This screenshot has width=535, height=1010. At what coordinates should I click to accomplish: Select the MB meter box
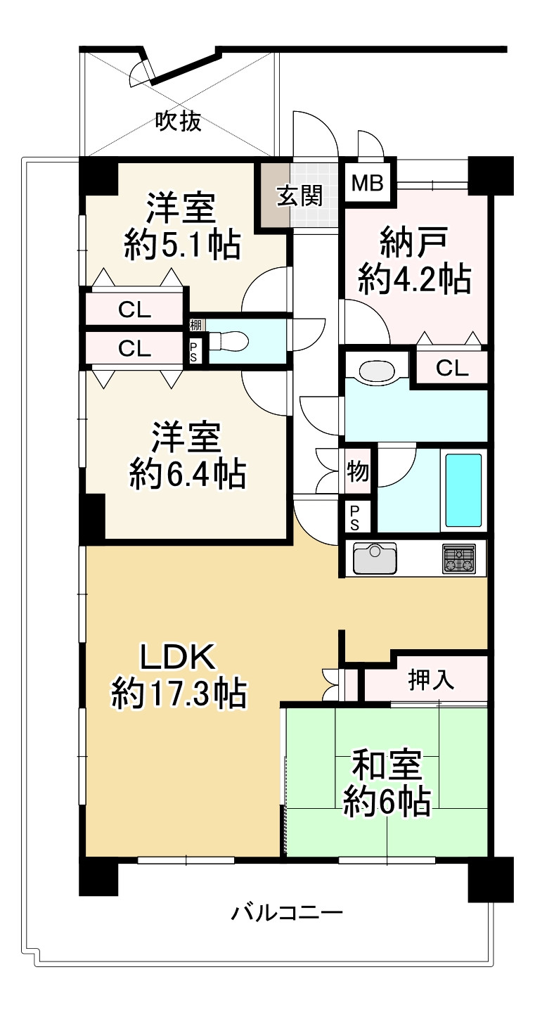[x=367, y=184]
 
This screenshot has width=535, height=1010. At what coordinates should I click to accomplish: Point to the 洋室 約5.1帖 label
[x=182, y=227]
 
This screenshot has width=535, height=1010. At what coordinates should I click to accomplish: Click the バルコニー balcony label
[x=288, y=914]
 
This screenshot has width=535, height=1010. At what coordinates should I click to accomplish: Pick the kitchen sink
[x=374, y=558]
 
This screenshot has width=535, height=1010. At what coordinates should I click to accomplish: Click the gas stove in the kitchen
[x=458, y=558]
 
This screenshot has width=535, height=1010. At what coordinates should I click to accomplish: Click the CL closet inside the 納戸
[x=452, y=367]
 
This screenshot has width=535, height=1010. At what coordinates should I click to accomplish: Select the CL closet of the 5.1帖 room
[x=134, y=310]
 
